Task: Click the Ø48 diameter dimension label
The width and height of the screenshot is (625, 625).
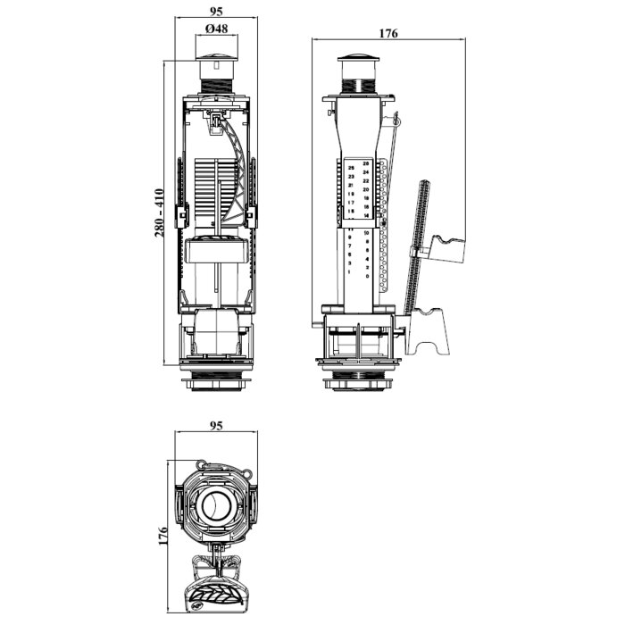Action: [215, 28]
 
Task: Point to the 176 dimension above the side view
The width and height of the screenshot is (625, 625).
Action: [387, 33]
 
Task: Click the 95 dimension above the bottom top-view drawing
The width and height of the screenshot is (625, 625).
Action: [215, 426]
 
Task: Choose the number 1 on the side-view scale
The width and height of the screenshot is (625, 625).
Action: [350, 271]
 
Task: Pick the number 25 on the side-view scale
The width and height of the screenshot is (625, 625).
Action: [351, 168]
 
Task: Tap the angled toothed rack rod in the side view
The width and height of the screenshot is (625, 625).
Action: [418, 241]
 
